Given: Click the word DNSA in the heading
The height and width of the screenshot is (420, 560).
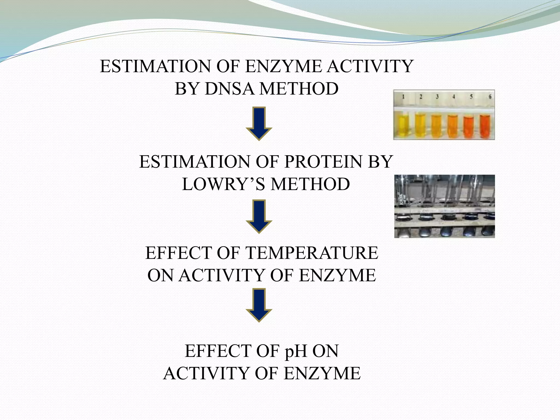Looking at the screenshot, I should pos(230,89).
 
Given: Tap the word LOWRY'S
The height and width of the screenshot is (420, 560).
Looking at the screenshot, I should pos(223,184).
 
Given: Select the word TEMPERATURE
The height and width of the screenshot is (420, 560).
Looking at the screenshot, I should pos(312,253).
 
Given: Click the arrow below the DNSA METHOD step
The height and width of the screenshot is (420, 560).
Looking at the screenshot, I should pos(259,123).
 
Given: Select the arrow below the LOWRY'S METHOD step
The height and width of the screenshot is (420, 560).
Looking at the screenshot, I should pos(259,216).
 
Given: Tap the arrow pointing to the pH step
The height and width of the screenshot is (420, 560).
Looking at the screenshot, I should pos(259,305).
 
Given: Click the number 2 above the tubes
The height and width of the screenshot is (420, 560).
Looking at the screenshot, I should pos(421,97).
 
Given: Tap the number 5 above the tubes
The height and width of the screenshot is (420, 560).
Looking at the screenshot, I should pos(471,97).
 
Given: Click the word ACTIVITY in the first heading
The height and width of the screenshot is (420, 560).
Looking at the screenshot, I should pos(370,66).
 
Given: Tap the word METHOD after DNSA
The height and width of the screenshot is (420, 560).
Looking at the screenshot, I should pos(299,89).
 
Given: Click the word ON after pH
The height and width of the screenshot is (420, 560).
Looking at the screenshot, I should pos(325,351).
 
